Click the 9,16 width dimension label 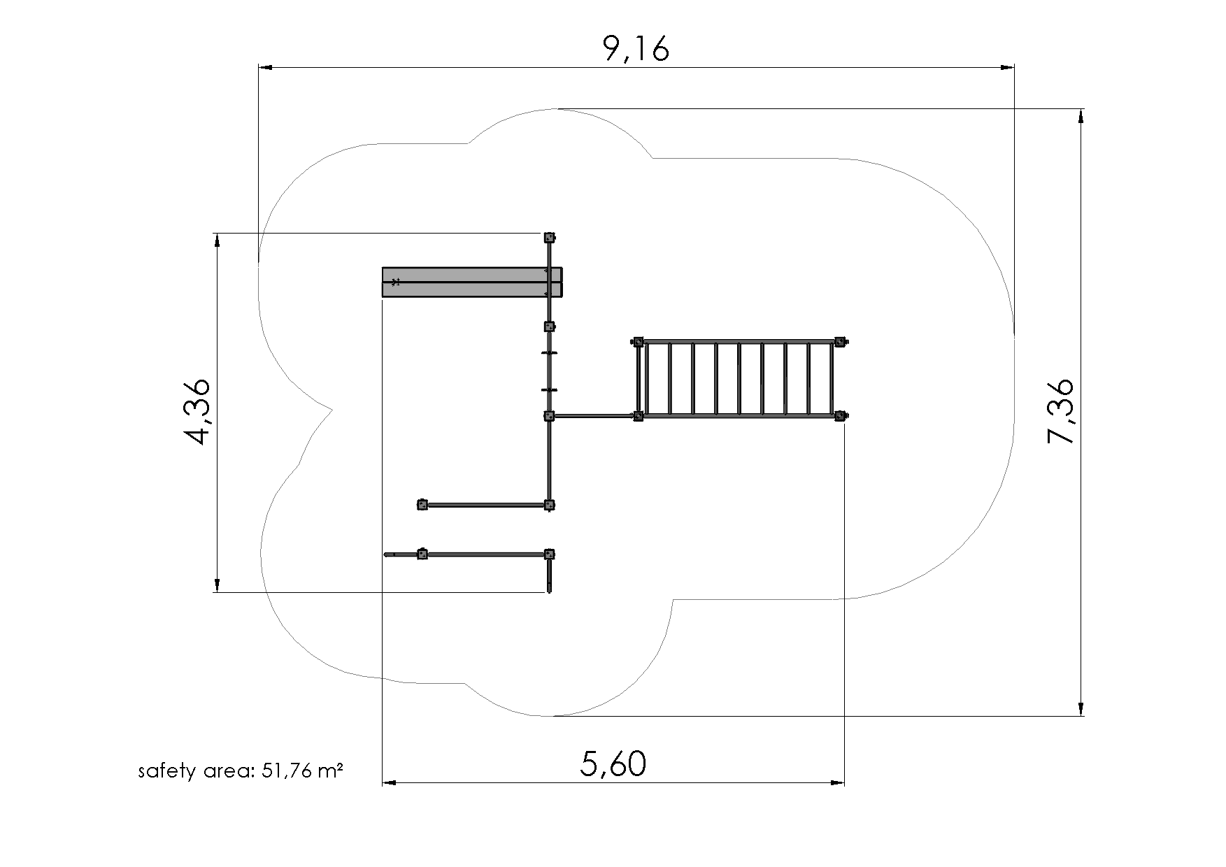pos(636,49)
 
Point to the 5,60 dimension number pos(613,764)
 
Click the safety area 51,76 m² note pos(241,771)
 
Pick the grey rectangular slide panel pos(472,282)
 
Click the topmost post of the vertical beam pos(550,238)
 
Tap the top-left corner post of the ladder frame pos(638,342)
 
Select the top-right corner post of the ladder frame pos(840,342)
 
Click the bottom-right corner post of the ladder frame pos(840,416)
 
